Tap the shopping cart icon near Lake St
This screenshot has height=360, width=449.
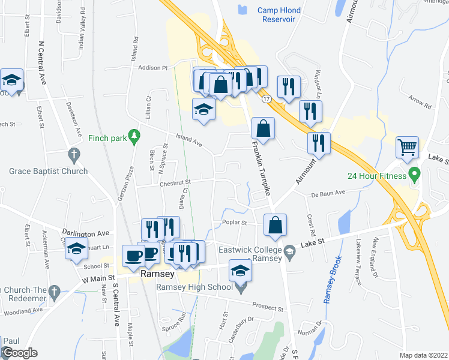point(407,146)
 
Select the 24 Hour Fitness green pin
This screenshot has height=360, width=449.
point(413,175)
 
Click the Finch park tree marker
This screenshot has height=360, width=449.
point(134,138)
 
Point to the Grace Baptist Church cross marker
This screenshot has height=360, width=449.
point(74,155)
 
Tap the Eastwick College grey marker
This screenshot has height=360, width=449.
point(289,250)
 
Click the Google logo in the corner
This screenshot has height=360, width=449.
point(19,353)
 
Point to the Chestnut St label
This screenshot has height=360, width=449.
point(175,182)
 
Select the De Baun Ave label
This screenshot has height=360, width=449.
point(328,193)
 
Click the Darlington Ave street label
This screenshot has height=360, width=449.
point(86,232)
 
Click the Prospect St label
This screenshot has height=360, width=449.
point(268,307)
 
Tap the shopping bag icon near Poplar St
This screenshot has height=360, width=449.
point(275,225)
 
